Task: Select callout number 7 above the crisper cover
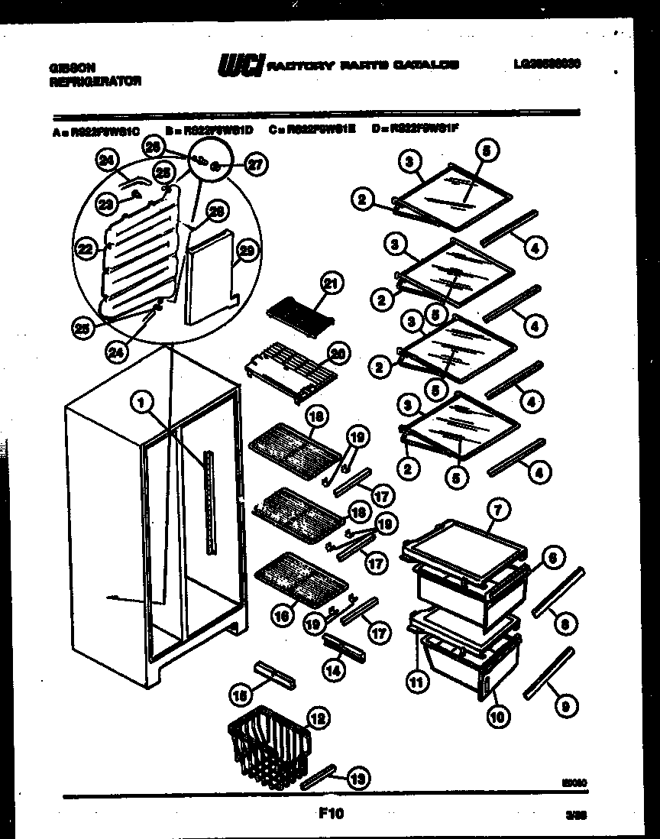(x=497, y=508)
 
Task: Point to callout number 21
(x=331, y=283)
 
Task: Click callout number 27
(x=256, y=163)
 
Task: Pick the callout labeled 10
(x=497, y=716)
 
